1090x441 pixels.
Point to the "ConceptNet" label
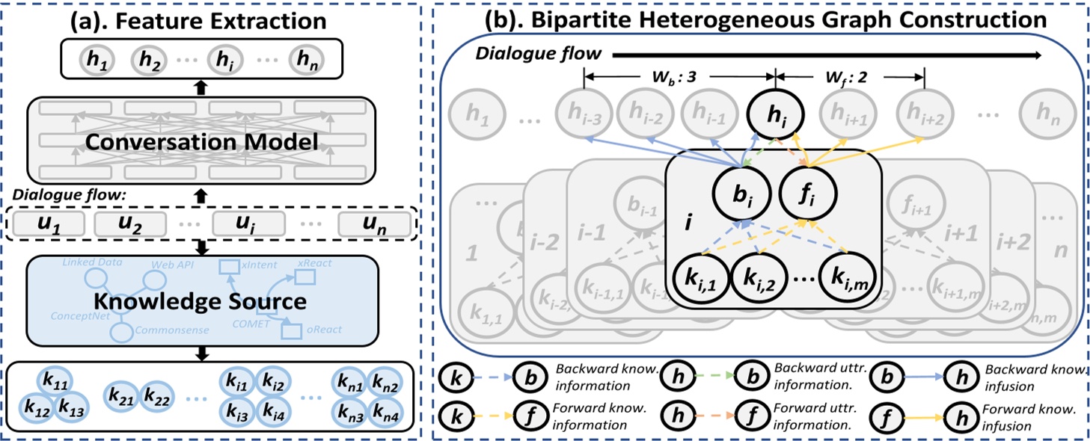(74, 316)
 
